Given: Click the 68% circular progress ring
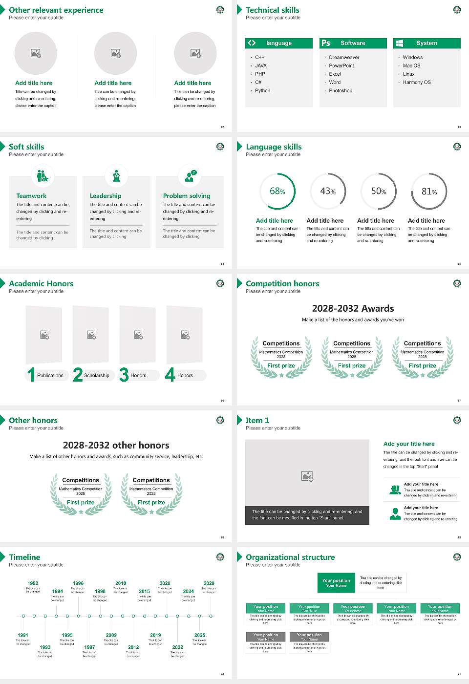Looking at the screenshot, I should (x=277, y=192).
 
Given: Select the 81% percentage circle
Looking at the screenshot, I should (x=429, y=192).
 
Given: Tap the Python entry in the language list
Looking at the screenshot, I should (x=262, y=90).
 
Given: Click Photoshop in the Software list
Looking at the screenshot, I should (x=341, y=90).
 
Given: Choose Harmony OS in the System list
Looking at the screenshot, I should (x=417, y=82).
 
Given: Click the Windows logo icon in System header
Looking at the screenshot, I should (x=399, y=43).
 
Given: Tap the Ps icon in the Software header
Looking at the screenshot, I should (x=326, y=43).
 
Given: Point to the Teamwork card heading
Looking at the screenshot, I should (x=31, y=195).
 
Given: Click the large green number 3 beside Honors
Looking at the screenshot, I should (x=124, y=375).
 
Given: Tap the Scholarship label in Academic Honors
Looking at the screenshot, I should (x=96, y=375).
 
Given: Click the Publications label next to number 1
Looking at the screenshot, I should (x=50, y=375).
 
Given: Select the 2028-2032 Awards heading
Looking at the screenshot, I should (x=353, y=308).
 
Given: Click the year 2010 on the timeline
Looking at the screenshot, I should (x=121, y=583).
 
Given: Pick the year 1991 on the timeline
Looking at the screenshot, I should (x=23, y=635).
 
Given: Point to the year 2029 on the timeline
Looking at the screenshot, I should (x=209, y=583).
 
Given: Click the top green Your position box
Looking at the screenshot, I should (x=336, y=583).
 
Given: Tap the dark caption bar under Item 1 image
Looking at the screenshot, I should (x=307, y=515).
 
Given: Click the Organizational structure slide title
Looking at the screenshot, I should (x=290, y=557).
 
